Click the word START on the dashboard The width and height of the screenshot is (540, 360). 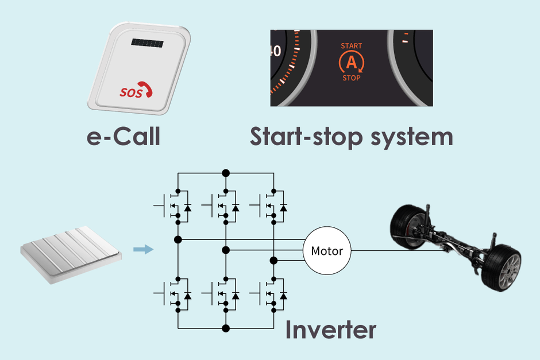coord(352,45)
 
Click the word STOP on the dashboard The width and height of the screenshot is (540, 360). coord(351,78)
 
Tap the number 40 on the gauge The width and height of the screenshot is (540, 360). coord(275,51)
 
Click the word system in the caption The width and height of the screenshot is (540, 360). coord(410,138)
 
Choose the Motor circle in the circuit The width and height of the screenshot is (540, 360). coord(326,251)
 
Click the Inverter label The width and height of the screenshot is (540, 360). coord(331,330)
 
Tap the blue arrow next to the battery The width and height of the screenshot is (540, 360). coord(143,249)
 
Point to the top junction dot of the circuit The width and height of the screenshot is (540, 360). coord(226,172)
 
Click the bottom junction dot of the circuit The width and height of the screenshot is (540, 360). coord(226,328)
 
